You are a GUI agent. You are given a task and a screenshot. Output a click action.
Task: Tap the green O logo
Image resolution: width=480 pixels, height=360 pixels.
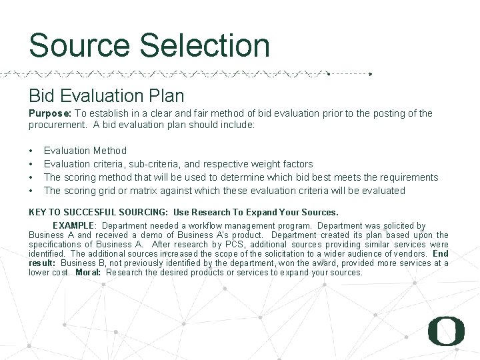[446, 331]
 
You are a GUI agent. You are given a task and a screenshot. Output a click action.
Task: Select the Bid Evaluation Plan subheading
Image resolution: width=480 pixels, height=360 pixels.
[106, 95]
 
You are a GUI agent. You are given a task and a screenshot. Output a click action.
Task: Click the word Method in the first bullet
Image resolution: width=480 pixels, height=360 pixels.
[110, 151]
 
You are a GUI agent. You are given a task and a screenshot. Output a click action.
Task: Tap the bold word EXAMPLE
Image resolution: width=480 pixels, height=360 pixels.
[75, 226]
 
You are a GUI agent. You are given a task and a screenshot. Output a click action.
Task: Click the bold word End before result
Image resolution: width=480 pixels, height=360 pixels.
[441, 253]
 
